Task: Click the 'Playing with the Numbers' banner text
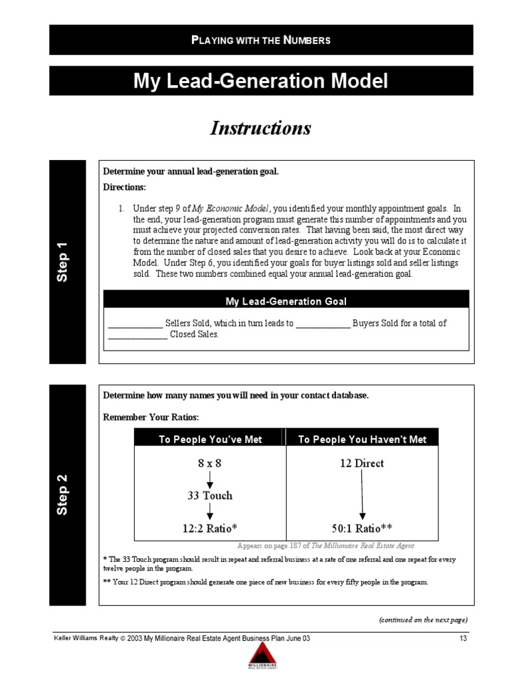pyautogui.click(x=260, y=40)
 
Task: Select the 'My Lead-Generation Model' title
pyautogui.click(x=260, y=81)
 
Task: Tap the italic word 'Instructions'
pyautogui.click(x=260, y=128)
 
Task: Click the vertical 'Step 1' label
pyautogui.click(x=63, y=262)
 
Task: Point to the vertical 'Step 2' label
pyautogui.click(x=63, y=495)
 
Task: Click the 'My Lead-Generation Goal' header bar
pyautogui.click(x=286, y=301)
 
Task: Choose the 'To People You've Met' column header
pyautogui.click(x=210, y=439)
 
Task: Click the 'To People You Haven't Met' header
pyautogui.click(x=362, y=439)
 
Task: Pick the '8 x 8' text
pyautogui.click(x=209, y=464)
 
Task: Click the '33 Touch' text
pyautogui.click(x=209, y=495)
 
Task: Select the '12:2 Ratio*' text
pyautogui.click(x=209, y=528)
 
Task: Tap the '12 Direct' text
pyautogui.click(x=362, y=464)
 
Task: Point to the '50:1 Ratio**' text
pyautogui.click(x=362, y=528)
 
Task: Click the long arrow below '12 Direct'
pyautogui.click(x=362, y=495)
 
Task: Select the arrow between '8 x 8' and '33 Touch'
pyautogui.click(x=209, y=479)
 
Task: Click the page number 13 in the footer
pyautogui.click(x=463, y=638)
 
